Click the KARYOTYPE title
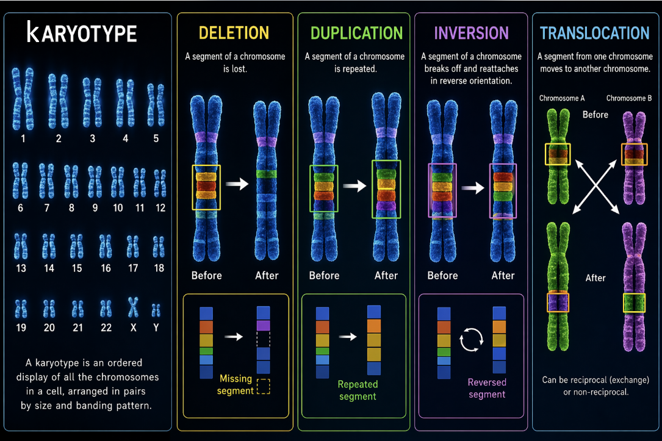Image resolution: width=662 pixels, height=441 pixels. point(82,33)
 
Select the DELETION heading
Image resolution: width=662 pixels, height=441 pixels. point(234,32)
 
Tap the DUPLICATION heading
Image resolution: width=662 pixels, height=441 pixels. point(356,32)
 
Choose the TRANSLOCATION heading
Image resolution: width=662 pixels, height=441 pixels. point(595,32)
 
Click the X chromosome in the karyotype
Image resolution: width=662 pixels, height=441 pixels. point(133,308)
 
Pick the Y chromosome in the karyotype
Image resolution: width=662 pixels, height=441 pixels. point(156,310)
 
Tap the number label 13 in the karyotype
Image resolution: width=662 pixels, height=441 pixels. point(21,268)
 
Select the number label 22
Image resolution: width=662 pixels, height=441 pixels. point(106,328)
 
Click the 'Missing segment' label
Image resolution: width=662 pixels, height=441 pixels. point(236,385)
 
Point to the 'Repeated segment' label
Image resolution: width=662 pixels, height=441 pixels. point(358,390)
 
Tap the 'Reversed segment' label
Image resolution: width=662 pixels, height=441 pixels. point(486,389)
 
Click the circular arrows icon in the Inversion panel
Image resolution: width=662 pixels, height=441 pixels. point(470,340)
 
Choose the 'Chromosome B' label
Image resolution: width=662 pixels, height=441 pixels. point(629,98)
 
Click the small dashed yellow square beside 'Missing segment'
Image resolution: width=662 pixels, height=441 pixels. point(264,387)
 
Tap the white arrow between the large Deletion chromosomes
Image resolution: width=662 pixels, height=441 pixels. point(237,184)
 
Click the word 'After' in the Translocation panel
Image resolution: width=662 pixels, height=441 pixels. point(595,278)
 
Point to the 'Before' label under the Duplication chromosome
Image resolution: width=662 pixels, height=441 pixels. point(324,276)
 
